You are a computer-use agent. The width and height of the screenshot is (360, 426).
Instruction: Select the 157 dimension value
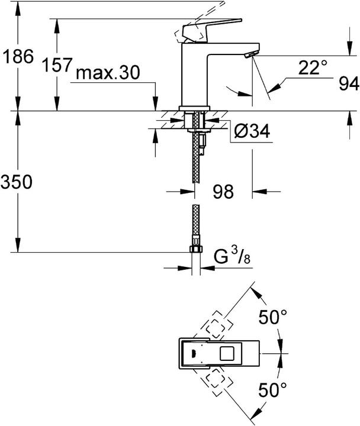click(x=57, y=66)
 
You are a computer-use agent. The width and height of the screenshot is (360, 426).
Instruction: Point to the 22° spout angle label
click(x=312, y=68)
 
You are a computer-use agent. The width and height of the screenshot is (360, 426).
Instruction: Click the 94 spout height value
click(x=348, y=84)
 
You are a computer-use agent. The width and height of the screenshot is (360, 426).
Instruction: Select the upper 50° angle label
click(x=272, y=317)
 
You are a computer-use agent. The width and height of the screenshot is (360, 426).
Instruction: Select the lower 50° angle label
click(x=272, y=389)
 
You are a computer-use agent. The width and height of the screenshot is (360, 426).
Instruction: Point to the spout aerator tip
click(x=250, y=56)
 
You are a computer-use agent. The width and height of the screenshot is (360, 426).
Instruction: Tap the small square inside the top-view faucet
click(x=227, y=354)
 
